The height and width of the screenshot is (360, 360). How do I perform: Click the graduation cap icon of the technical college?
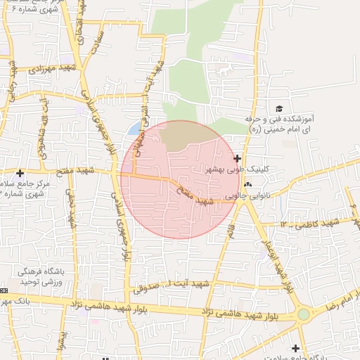[279, 108]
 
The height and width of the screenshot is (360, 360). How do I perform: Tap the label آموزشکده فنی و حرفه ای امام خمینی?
[279, 124]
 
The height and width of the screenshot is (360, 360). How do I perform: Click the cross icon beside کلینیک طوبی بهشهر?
[237, 159]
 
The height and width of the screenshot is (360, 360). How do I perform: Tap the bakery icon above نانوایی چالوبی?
[247, 185]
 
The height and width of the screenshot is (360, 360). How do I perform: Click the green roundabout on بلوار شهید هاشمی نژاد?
[303, 314]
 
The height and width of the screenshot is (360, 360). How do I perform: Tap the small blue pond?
[133, 129]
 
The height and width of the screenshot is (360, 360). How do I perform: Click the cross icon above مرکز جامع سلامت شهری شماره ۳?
[20, 173]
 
